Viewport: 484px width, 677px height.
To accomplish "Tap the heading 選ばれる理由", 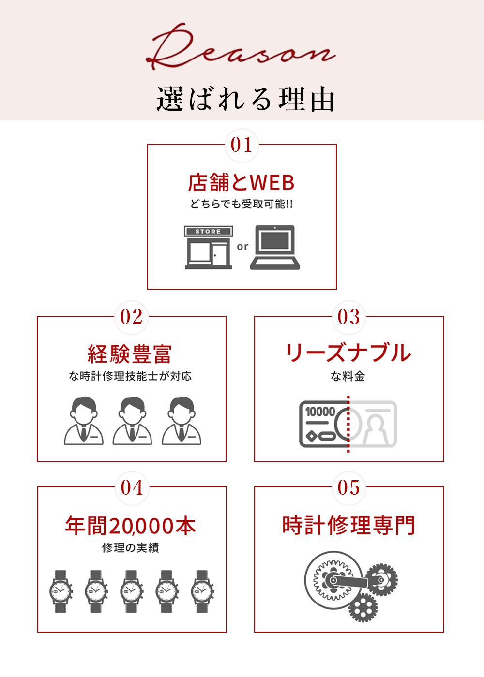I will point(245,99).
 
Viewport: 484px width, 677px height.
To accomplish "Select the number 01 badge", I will point(242,145).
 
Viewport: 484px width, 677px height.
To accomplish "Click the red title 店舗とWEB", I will point(241,183).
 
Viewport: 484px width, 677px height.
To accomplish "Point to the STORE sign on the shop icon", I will point(208,232).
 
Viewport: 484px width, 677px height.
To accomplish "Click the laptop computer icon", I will point(275,247).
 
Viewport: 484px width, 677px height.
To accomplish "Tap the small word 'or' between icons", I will point(242,247).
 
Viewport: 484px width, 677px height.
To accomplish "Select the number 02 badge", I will point(132,317).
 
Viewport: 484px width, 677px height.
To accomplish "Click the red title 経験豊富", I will point(130,354).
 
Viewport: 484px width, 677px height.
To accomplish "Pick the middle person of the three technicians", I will point(132,420).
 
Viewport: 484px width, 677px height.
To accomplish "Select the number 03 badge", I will point(349,317).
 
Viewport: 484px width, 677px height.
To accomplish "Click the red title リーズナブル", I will point(348,353).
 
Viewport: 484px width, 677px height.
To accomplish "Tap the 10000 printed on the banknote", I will point(320,412).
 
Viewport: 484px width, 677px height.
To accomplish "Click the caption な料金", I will point(348,376).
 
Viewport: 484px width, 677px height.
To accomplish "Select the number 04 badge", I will point(132,488).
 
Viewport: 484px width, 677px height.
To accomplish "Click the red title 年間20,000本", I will point(131,526).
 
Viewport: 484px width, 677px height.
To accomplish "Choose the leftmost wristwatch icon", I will point(61,591).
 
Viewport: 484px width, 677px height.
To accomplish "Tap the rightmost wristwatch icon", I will point(202,591).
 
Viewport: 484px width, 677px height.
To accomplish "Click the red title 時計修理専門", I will point(348,526).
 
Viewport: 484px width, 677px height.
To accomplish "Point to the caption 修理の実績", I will point(131,548).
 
